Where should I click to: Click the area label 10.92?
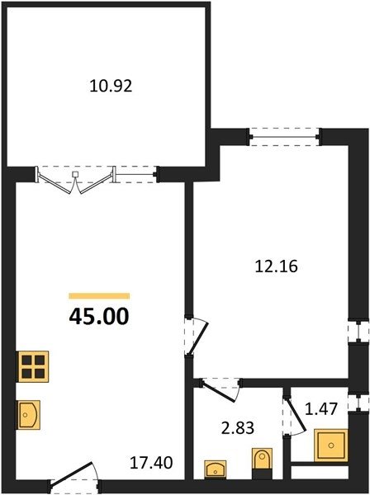tap(111, 86)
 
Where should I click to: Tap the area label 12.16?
tap(276, 266)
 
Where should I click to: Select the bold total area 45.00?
tap(99, 316)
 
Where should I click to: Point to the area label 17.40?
tap(151, 463)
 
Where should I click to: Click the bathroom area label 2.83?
tap(238, 428)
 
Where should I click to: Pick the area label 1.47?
tap(321, 408)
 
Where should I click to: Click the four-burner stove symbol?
tap(33, 366)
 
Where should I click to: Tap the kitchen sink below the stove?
tap(29, 415)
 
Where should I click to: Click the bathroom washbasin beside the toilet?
tap(216, 469)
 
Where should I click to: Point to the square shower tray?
tap(331, 445)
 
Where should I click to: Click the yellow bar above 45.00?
tap(99, 296)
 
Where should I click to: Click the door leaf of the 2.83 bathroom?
tap(219, 393)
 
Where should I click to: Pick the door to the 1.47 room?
tap(296, 414)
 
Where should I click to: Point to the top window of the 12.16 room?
tap(284, 137)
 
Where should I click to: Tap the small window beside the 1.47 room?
tap(358, 403)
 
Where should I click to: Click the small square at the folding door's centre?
tap(75, 174)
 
